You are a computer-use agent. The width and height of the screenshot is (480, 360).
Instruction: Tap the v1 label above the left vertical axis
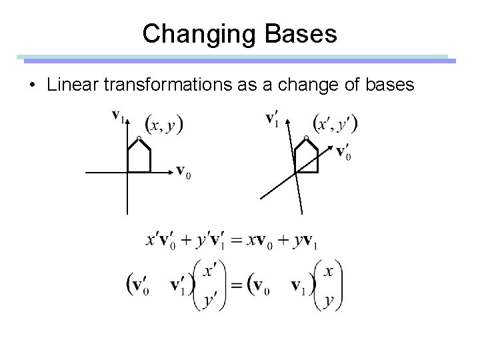117,117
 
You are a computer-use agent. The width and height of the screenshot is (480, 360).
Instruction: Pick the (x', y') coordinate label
335,124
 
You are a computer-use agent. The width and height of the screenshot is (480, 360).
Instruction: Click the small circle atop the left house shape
138,138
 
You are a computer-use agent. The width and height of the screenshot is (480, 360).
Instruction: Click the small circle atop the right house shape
306,138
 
